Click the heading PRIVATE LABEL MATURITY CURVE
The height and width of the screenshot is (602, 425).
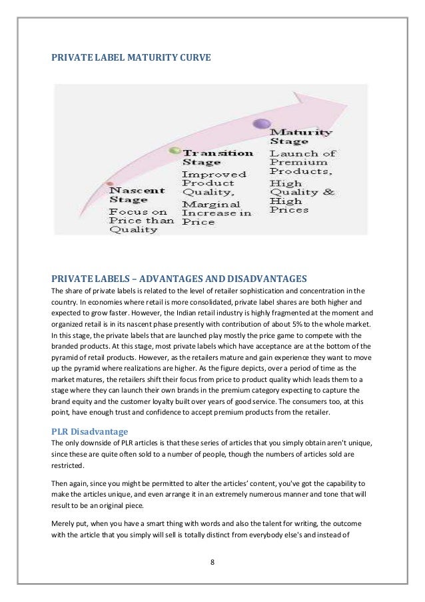point(131,58)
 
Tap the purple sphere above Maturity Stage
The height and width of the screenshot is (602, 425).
point(262,123)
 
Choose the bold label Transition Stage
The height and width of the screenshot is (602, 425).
point(217,157)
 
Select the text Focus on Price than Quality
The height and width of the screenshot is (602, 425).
point(141,221)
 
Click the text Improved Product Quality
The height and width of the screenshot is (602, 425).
point(209,183)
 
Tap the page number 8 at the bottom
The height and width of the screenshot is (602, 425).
point(212,561)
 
